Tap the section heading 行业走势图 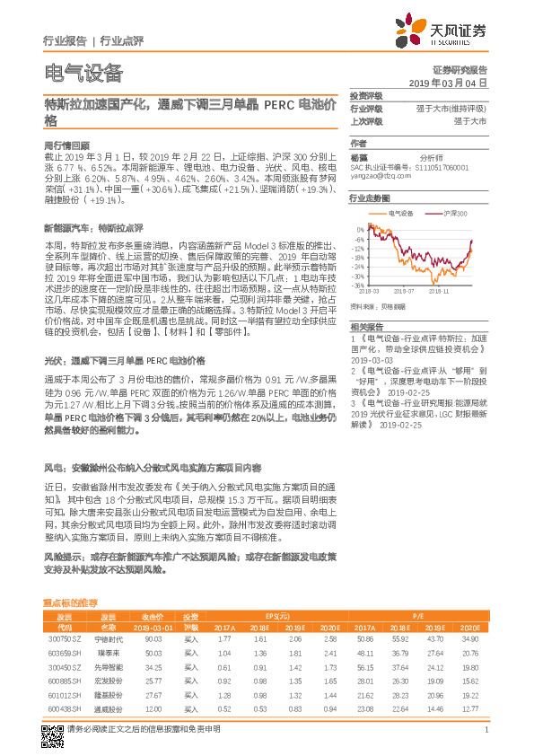click(370, 197)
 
